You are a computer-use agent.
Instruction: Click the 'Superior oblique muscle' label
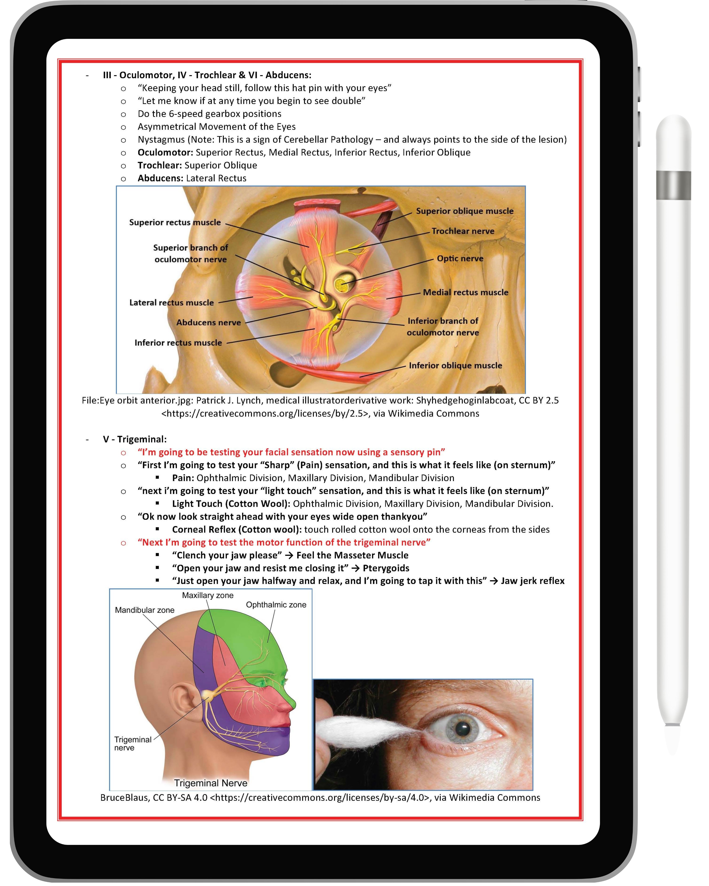pos(464,211)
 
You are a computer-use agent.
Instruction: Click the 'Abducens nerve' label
pos(208,323)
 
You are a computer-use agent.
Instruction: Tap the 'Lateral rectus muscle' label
pos(171,302)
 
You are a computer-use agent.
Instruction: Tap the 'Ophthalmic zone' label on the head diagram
pos(276,605)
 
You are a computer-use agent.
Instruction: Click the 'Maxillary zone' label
pos(208,595)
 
